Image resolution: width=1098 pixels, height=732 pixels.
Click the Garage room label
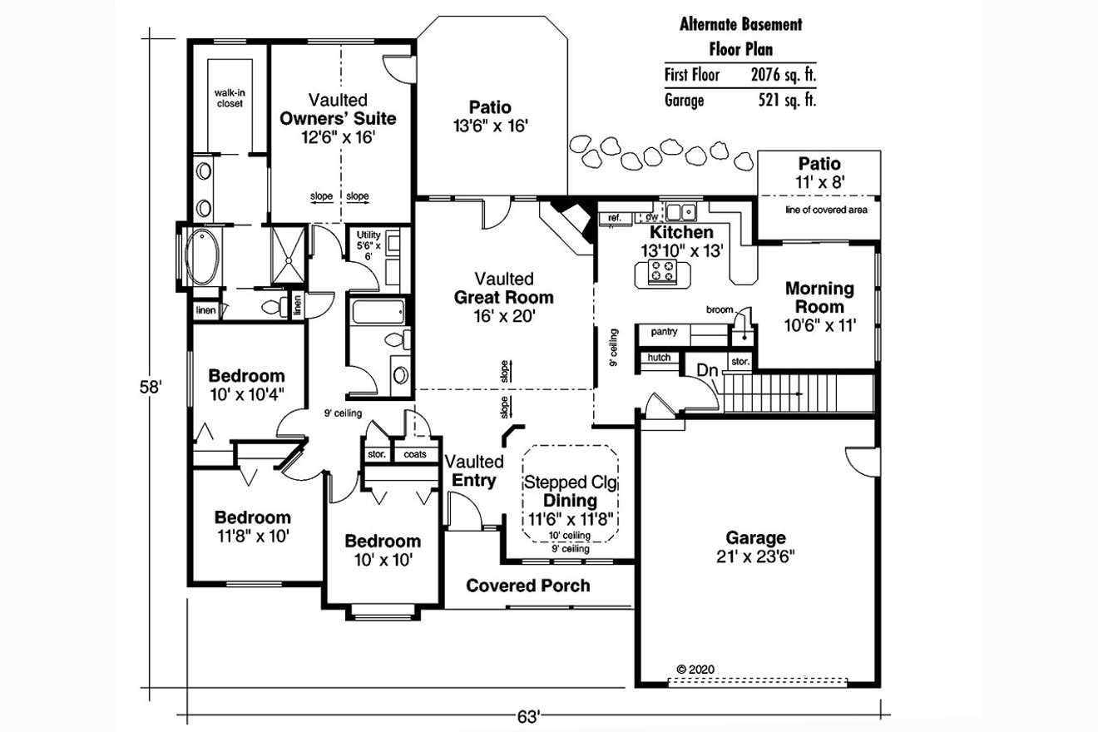tap(754, 547)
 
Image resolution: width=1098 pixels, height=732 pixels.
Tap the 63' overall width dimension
tap(532, 715)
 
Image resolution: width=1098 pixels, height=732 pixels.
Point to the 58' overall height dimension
tap(151, 388)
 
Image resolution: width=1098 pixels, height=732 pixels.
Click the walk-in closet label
tap(229, 98)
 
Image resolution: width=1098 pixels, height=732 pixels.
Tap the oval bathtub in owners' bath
tap(202, 257)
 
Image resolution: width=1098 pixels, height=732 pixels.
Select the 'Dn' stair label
tap(707, 370)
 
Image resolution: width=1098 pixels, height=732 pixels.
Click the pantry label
tap(664, 332)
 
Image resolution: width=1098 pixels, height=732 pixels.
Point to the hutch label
tap(658, 358)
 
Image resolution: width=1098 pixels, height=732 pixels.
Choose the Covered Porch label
tap(528, 586)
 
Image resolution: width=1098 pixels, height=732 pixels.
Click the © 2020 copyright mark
tap(695, 668)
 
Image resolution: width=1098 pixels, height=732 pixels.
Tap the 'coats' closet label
tap(415, 454)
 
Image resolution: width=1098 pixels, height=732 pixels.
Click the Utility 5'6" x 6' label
tap(368, 245)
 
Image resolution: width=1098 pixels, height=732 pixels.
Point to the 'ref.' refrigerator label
tap(615, 218)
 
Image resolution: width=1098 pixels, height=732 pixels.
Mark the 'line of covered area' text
tap(825, 210)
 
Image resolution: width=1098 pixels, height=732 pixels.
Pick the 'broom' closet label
tap(720, 309)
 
